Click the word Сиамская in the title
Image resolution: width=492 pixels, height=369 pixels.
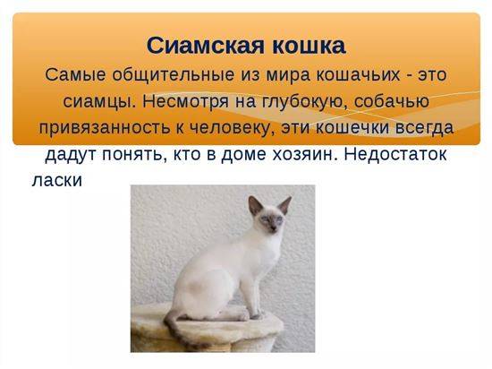206,46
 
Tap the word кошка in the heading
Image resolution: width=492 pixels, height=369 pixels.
309,46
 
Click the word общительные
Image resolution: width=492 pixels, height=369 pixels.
173,76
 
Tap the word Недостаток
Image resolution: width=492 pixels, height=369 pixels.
395,154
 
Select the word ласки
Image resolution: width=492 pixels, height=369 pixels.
56,180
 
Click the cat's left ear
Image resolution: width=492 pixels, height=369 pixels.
255,205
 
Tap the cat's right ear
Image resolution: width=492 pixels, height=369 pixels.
284,205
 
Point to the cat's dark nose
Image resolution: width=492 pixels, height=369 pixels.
273,229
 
